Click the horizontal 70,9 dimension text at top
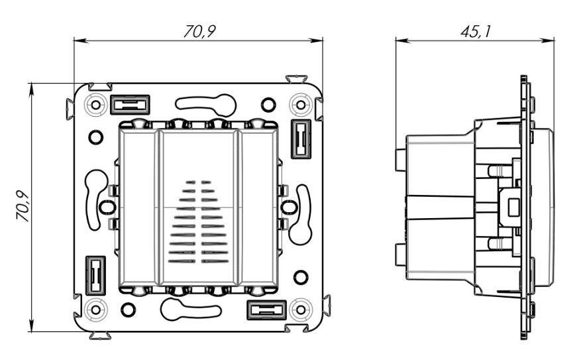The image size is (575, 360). tap(199, 32)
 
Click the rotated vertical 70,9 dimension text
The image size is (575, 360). tap(23, 206)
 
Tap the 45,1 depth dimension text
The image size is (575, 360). tap(475, 32)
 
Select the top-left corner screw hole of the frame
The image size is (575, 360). tap(95, 105)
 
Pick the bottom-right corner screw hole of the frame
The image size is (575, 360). tap(301, 310)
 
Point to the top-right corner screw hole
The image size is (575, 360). tap(301, 105)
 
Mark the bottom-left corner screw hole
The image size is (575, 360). tap(95, 310)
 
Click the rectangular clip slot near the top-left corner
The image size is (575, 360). tap(130, 105)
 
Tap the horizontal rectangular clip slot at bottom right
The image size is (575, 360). tap(266, 310)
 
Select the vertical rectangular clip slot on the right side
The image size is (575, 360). tap(301, 139)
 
